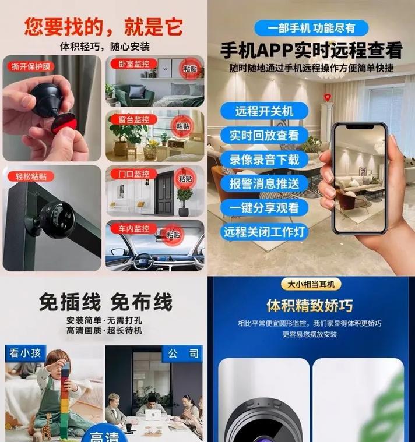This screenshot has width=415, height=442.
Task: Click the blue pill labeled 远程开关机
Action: [x=265, y=111]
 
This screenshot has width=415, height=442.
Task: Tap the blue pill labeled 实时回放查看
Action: [x=265, y=135]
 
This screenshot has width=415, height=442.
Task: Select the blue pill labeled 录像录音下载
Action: [x=265, y=160]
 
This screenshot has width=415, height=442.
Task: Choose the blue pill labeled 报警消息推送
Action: [x=265, y=183]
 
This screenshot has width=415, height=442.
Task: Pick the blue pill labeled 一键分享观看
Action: [x=265, y=208]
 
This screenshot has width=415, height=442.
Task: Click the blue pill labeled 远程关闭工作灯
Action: [x=265, y=232]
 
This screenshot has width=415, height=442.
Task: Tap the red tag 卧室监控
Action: [x=133, y=64]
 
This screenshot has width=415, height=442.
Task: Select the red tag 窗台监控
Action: [x=133, y=119]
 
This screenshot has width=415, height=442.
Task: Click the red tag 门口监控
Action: [x=133, y=174]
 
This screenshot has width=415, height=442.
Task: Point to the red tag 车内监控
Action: [x=133, y=229]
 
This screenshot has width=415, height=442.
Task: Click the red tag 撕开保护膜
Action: [x=31, y=66]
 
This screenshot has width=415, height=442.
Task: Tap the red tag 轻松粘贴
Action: [x=31, y=176]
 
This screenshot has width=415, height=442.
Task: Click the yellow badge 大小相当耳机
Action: [x=311, y=284]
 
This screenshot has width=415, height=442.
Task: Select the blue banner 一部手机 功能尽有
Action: [x=311, y=28]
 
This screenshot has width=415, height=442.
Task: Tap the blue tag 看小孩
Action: [x=26, y=353]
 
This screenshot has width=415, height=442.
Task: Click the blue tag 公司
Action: [x=182, y=353]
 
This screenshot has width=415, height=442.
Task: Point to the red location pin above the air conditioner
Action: [x=327, y=97]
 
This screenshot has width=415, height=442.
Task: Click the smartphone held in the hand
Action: [x=360, y=178]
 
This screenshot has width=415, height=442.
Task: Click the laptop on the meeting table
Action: [x=153, y=415]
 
